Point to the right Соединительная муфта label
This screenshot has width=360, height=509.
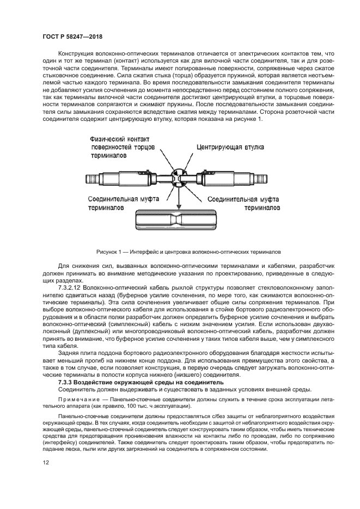[241, 200]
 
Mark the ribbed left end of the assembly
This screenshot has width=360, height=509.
[91, 178]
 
